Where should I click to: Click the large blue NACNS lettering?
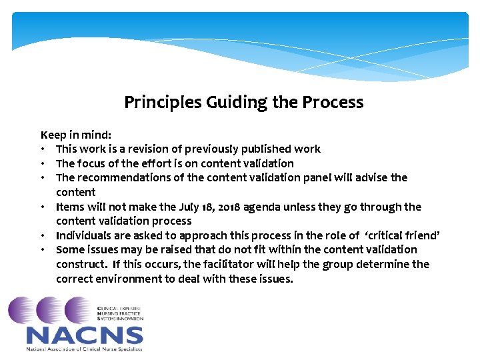pyautogui.click(x=84, y=335)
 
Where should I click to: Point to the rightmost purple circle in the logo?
pyautogui.click(x=78, y=310)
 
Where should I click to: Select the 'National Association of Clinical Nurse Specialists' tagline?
pyautogui.click(x=84, y=349)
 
